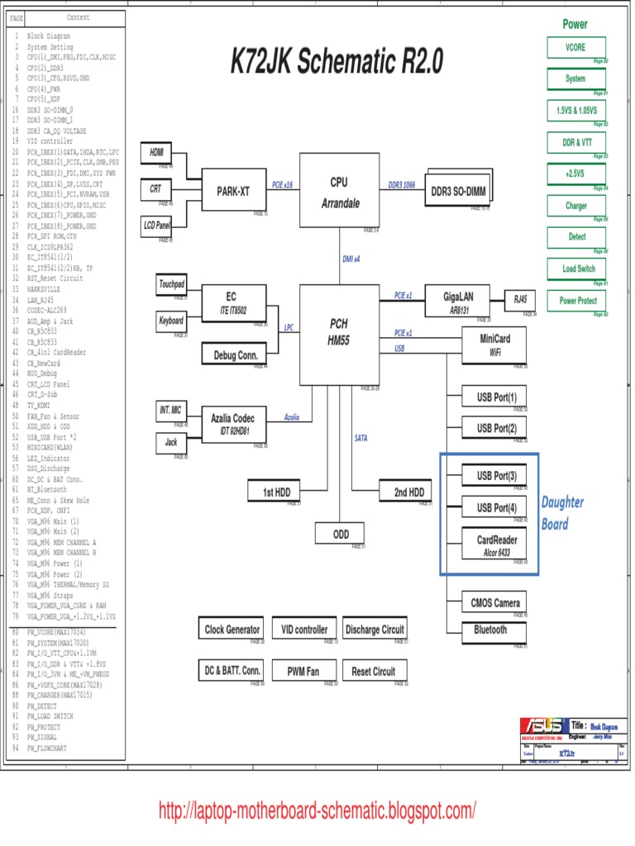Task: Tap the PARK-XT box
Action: click(x=232, y=192)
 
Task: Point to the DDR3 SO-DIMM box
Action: click(x=460, y=192)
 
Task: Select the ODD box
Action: click(x=341, y=535)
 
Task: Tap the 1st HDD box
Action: click(x=275, y=492)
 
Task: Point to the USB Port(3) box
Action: click(x=495, y=476)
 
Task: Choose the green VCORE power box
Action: click(x=576, y=48)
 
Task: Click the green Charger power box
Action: click(x=576, y=206)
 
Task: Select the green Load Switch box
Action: click(x=576, y=269)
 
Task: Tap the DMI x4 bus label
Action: click(x=351, y=259)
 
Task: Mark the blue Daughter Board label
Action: click(x=562, y=513)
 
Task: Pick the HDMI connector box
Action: click(x=156, y=154)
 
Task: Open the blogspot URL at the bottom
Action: click(x=317, y=810)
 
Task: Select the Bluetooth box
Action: click(x=490, y=630)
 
